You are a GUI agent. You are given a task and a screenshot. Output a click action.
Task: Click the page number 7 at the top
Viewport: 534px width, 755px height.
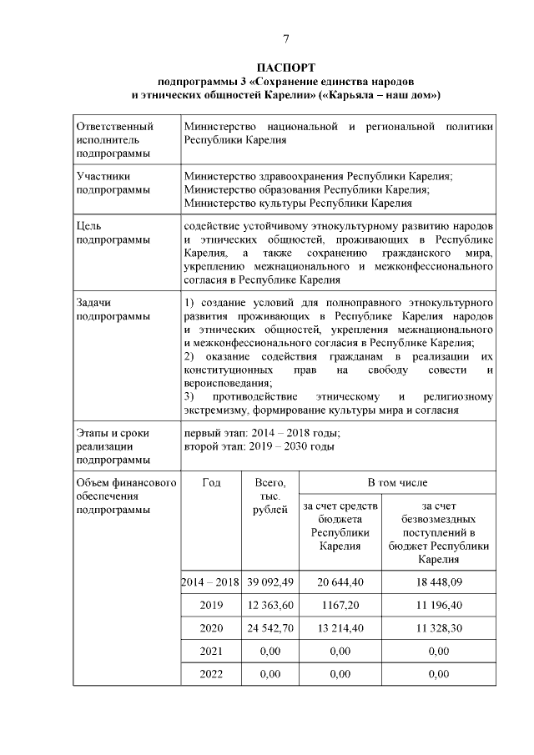point(285,39)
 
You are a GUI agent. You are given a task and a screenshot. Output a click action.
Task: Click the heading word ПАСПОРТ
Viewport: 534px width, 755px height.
point(285,68)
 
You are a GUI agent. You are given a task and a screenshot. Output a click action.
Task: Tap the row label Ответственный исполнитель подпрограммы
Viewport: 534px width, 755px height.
point(114,139)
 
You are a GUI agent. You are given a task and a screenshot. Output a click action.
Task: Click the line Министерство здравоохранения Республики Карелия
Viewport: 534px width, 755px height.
point(318,177)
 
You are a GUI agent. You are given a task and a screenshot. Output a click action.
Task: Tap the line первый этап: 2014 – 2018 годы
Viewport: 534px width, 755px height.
point(262,433)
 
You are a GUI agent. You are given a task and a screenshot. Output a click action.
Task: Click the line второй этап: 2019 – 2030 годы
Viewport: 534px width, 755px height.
point(259,446)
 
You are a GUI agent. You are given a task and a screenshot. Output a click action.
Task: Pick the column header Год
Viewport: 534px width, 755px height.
point(211,483)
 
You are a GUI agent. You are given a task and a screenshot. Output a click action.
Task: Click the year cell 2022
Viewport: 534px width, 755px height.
point(211,673)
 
